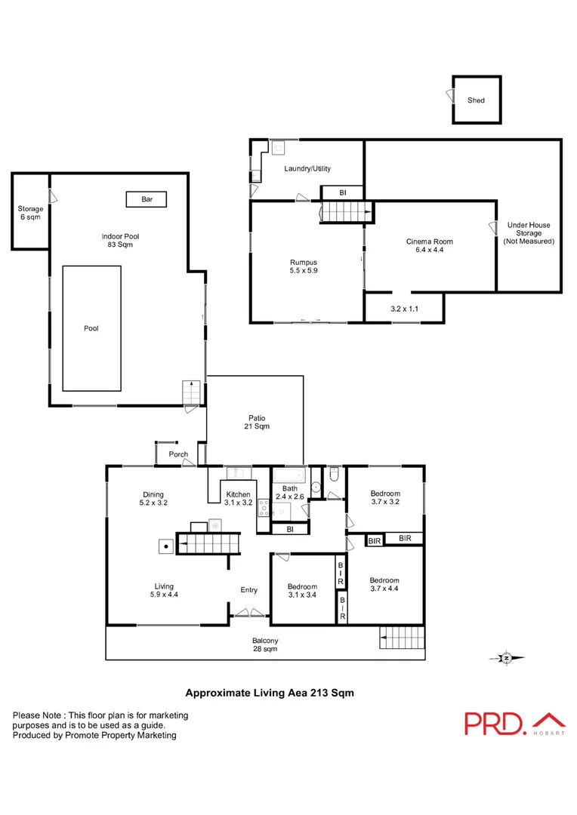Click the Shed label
click(x=476, y=100)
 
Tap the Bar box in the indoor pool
click(x=147, y=199)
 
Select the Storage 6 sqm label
click(x=30, y=213)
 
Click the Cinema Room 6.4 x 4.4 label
click(x=430, y=245)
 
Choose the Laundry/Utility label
click(x=307, y=169)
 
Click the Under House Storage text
click(x=529, y=233)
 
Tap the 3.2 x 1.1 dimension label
click(x=403, y=309)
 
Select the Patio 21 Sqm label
click(x=257, y=422)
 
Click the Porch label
click(x=178, y=454)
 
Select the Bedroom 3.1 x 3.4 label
click(x=302, y=590)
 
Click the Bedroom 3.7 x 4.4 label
click(x=384, y=584)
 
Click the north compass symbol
click(x=507, y=658)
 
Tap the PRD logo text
click(x=495, y=722)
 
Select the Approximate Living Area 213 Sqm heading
click(x=270, y=691)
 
